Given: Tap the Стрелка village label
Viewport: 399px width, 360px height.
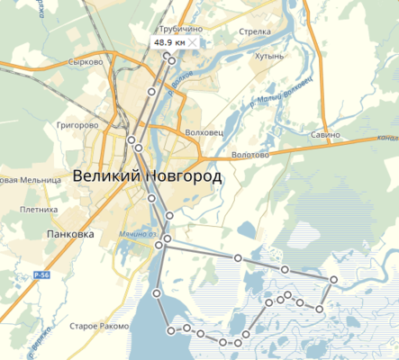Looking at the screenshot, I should [255, 31].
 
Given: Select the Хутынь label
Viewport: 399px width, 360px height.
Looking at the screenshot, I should [268, 55].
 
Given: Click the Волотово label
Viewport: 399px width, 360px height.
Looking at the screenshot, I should [250, 155].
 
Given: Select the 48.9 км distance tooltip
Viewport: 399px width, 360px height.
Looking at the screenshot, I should [171, 42].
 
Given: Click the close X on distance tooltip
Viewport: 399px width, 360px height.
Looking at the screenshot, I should [191, 42].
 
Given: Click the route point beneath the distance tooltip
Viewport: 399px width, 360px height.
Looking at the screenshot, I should [171, 59].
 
